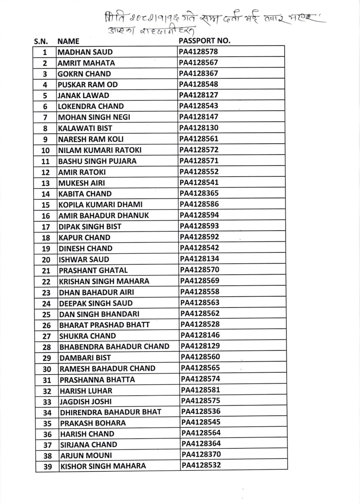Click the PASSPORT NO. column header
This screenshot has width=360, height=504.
pos(204,41)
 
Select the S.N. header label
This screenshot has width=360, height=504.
pos(41,41)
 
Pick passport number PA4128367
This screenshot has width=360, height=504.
pos(198,73)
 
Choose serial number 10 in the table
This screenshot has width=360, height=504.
pos(46,150)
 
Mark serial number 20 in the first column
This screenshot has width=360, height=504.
pos(46,260)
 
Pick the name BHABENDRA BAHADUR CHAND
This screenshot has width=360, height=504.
pos(114,347)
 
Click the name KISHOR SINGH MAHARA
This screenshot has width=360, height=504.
pos(103,466)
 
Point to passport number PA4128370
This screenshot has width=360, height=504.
pos(201,455)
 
